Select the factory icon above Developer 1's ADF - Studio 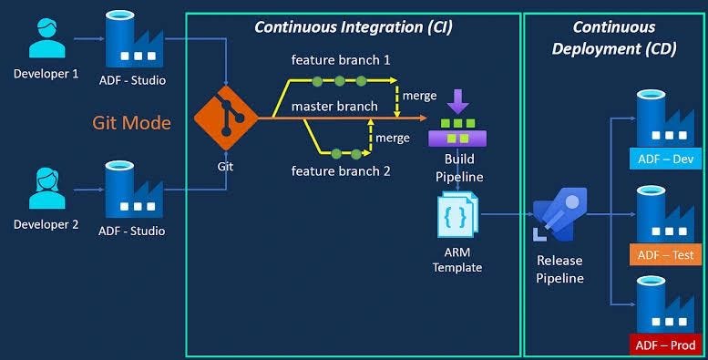(x=131, y=38)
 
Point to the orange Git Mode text (x=131, y=122)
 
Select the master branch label (x=334, y=107)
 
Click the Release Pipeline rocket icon (x=559, y=215)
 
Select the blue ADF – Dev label (x=666, y=159)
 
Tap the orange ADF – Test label (x=666, y=254)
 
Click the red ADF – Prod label (x=666, y=345)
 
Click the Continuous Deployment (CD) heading (x=614, y=37)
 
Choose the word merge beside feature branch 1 (x=418, y=96)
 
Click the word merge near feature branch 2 (x=393, y=138)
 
